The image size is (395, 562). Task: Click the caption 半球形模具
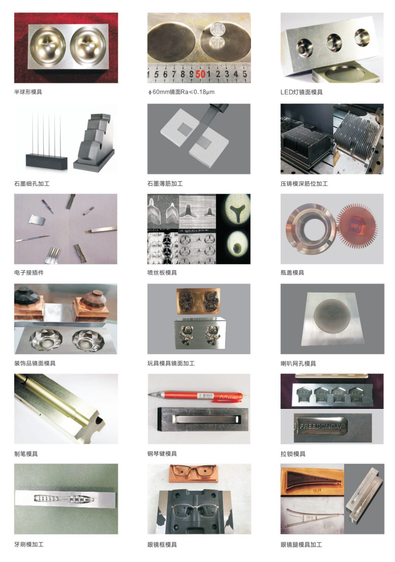(28, 92)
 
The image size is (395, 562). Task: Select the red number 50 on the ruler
(200, 74)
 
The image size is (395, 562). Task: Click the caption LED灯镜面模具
(301, 92)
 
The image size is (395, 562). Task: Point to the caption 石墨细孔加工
(32, 183)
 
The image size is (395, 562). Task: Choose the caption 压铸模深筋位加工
(304, 183)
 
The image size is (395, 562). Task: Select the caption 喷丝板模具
(162, 272)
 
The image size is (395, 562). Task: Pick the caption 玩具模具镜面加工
(171, 363)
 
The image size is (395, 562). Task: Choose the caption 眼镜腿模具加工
(301, 544)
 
